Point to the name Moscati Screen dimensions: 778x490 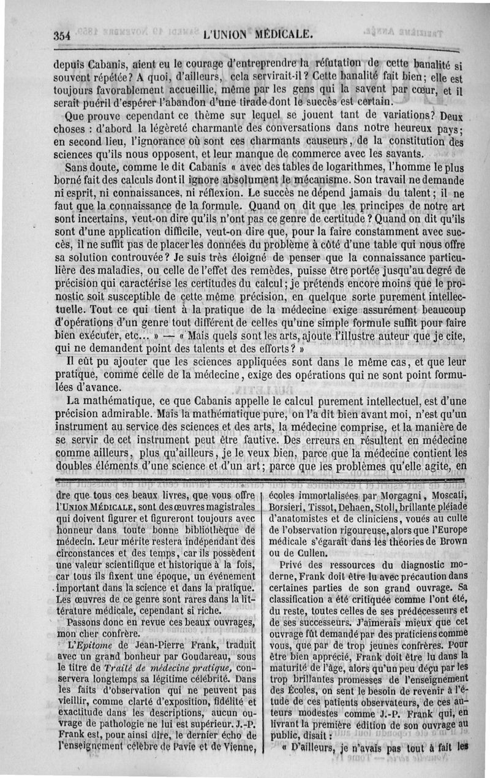[x=446, y=496]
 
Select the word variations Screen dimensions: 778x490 [x=403, y=116]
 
